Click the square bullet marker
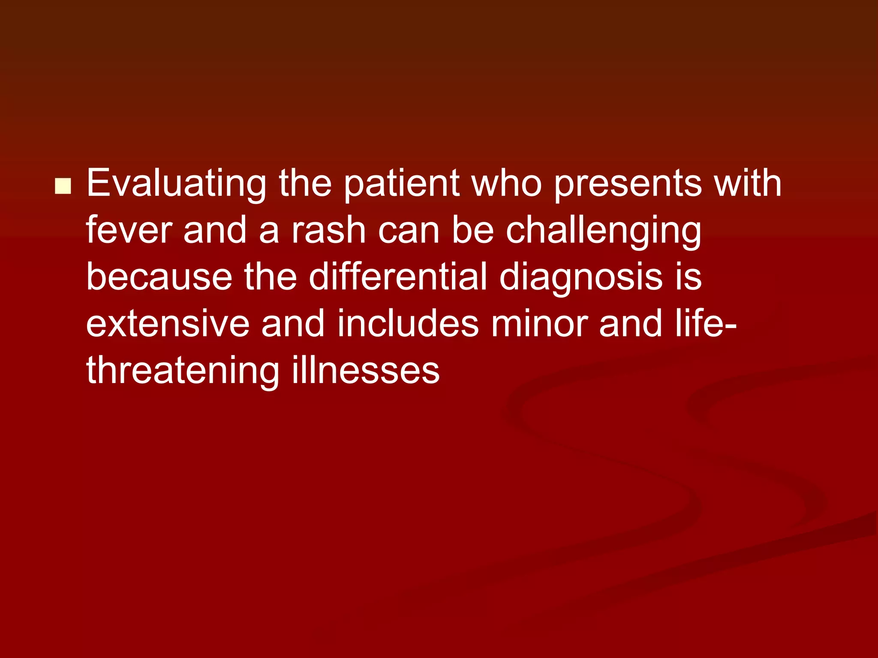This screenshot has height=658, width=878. tap(63, 186)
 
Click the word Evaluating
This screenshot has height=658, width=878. tap(176, 184)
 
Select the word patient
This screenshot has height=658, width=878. tap(402, 184)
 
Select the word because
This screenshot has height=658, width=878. tap(159, 277)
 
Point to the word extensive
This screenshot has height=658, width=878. tap(168, 324)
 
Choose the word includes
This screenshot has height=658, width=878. tap(408, 324)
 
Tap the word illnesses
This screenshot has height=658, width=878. tap(366, 371)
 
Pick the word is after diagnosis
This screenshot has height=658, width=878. tap(689, 277)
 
